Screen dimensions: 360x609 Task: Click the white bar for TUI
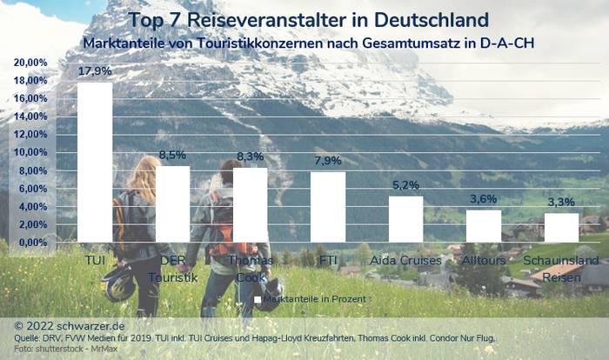(x=95, y=162)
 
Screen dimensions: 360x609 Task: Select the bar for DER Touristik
(x=172, y=203)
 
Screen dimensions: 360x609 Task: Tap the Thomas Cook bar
(x=250, y=204)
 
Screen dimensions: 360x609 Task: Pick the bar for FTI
(x=328, y=206)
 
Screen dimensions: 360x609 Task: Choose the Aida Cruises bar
(x=405, y=218)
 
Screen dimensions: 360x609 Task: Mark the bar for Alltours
(x=483, y=225)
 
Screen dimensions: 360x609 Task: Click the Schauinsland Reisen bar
(x=560, y=227)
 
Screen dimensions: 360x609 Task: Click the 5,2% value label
(x=406, y=185)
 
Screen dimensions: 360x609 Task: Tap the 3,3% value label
(x=561, y=203)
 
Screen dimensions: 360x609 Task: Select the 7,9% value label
(x=328, y=161)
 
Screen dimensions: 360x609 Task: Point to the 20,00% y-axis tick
(x=30, y=63)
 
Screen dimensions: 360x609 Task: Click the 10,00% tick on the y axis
(x=30, y=152)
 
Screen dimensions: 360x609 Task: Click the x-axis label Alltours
(x=483, y=260)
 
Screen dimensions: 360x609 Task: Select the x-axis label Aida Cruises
(x=405, y=260)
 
